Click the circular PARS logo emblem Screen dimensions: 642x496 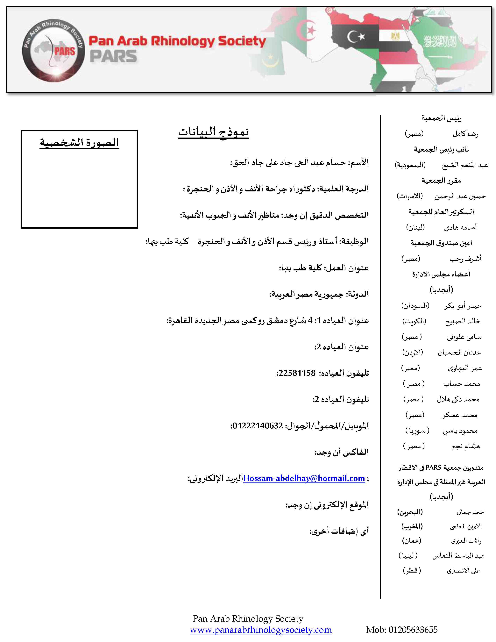point(54,51)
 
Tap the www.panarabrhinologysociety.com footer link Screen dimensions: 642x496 point(261,630)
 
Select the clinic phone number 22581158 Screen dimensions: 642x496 point(297,373)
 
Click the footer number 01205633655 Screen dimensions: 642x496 point(413,630)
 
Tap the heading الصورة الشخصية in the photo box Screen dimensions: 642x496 point(79,143)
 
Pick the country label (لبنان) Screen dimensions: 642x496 point(415,227)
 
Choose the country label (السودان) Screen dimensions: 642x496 point(415,306)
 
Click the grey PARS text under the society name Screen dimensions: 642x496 point(113,56)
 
